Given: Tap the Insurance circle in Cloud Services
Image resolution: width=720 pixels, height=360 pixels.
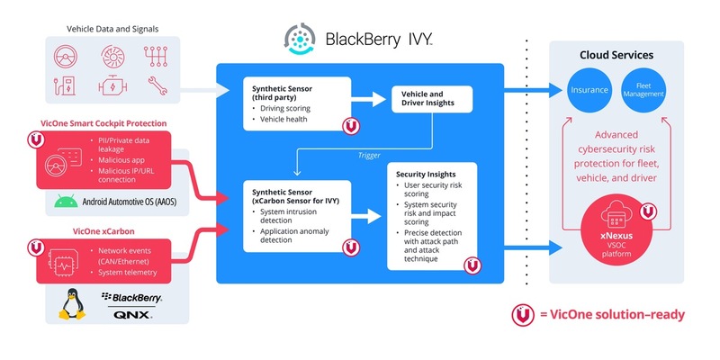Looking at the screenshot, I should [x=589, y=90].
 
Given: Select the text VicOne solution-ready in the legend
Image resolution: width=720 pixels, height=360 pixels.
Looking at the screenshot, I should [x=616, y=314].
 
